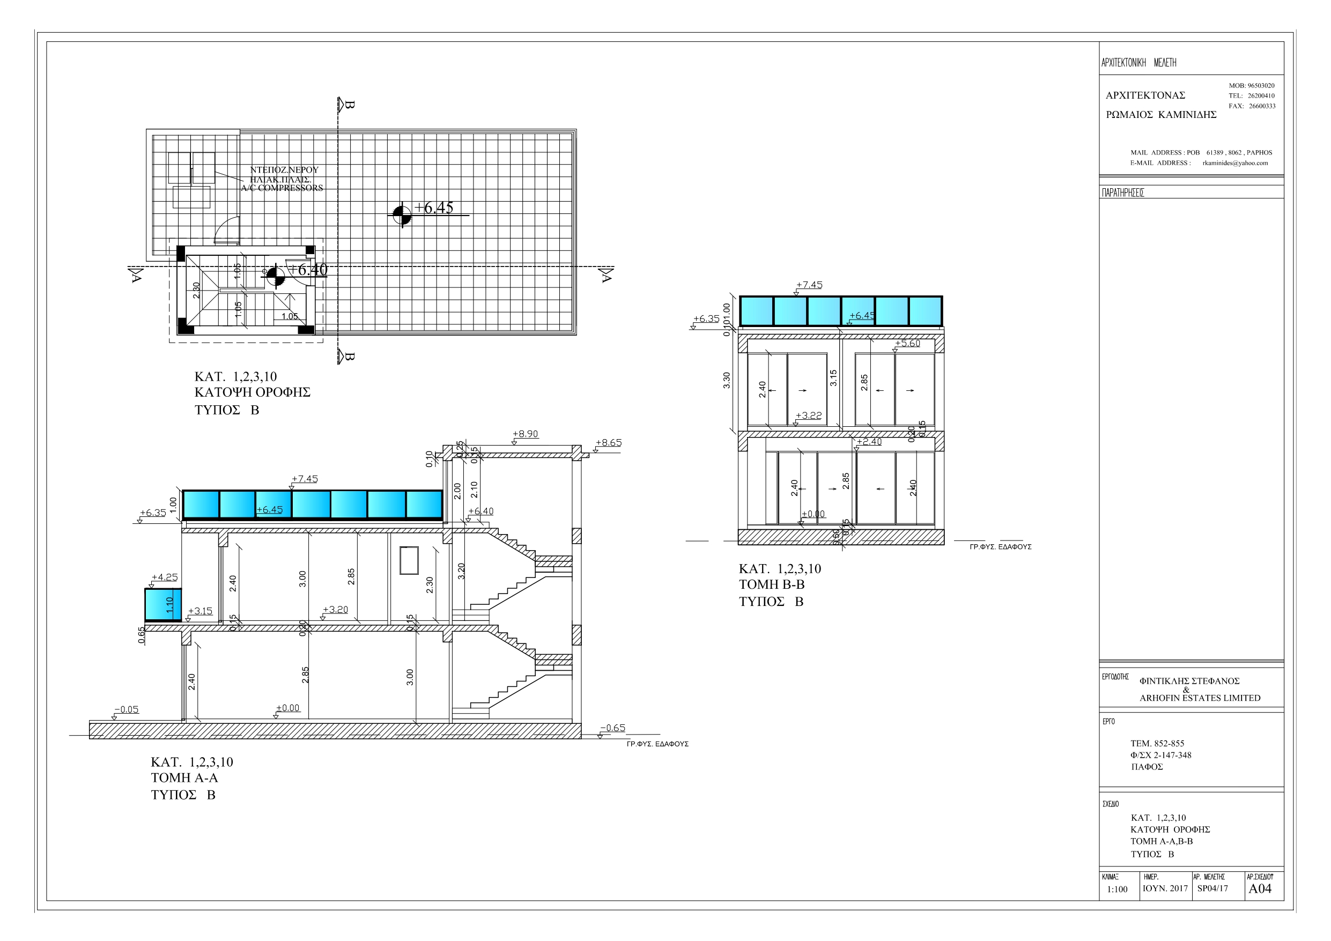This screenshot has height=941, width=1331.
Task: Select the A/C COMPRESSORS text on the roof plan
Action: (x=282, y=188)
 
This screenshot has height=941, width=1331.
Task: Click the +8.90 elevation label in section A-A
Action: (x=525, y=434)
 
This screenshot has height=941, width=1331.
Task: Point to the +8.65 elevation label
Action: (x=609, y=442)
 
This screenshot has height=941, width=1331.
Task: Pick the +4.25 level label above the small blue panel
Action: (x=165, y=577)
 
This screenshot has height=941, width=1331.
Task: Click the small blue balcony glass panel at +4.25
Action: (x=163, y=604)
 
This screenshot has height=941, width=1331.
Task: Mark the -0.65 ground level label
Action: (x=613, y=728)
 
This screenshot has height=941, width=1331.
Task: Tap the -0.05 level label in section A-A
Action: (x=127, y=709)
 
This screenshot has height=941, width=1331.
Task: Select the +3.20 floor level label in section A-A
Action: (x=336, y=609)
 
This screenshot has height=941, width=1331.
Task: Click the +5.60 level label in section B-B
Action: (x=908, y=343)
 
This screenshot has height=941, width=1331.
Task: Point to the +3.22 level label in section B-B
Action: (x=809, y=416)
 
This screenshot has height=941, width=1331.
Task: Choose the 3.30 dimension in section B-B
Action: (x=727, y=380)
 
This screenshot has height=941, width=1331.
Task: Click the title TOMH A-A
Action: (x=184, y=777)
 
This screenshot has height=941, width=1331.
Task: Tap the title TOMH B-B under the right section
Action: (x=772, y=584)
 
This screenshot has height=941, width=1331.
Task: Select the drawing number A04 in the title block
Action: (x=1260, y=889)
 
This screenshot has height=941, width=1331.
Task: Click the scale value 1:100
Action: (x=1117, y=890)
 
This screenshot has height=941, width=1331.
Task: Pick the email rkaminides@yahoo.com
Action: (x=1236, y=163)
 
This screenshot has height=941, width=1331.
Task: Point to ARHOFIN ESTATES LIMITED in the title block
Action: (x=1200, y=698)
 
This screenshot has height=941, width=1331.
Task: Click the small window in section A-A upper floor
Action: (x=409, y=560)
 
